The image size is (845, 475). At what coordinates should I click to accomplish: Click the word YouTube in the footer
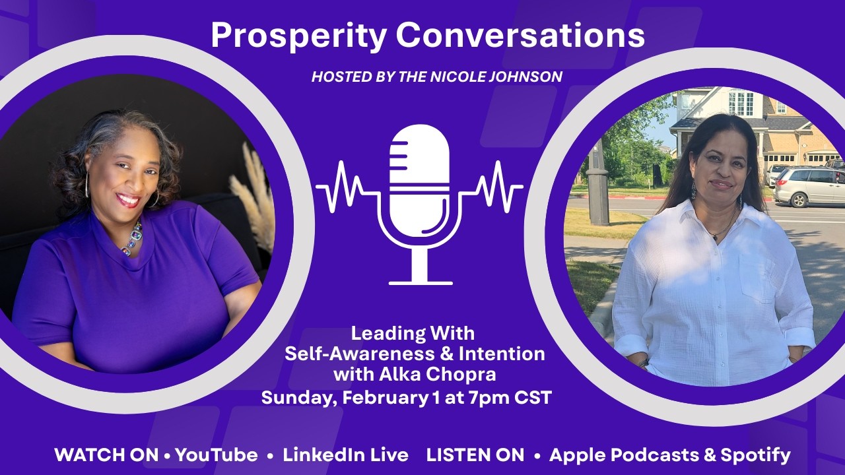click(217, 455)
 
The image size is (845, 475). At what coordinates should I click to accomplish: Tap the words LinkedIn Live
click(345, 455)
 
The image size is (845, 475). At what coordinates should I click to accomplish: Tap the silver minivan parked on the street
click(809, 186)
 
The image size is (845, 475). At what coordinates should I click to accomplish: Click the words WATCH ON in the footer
click(106, 455)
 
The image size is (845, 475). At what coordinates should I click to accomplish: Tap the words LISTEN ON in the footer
click(475, 455)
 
